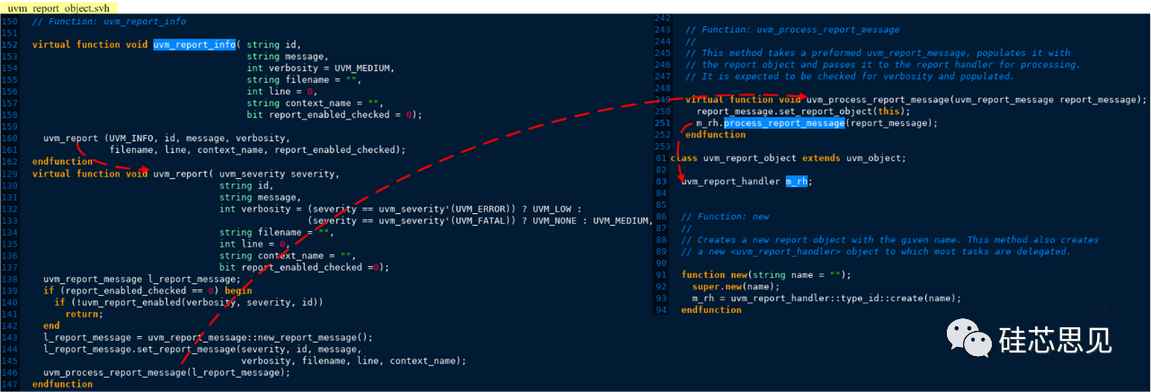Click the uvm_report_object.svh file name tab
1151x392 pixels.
tap(51, 6)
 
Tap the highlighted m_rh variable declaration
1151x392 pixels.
tap(797, 181)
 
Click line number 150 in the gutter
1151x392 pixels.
tap(10, 21)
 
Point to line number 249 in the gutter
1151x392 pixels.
tap(664, 100)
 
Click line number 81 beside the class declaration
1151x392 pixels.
tap(661, 158)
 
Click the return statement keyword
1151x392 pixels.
tap(84, 314)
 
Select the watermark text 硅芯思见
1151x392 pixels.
tap(1056, 340)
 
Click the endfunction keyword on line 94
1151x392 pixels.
tap(711, 309)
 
